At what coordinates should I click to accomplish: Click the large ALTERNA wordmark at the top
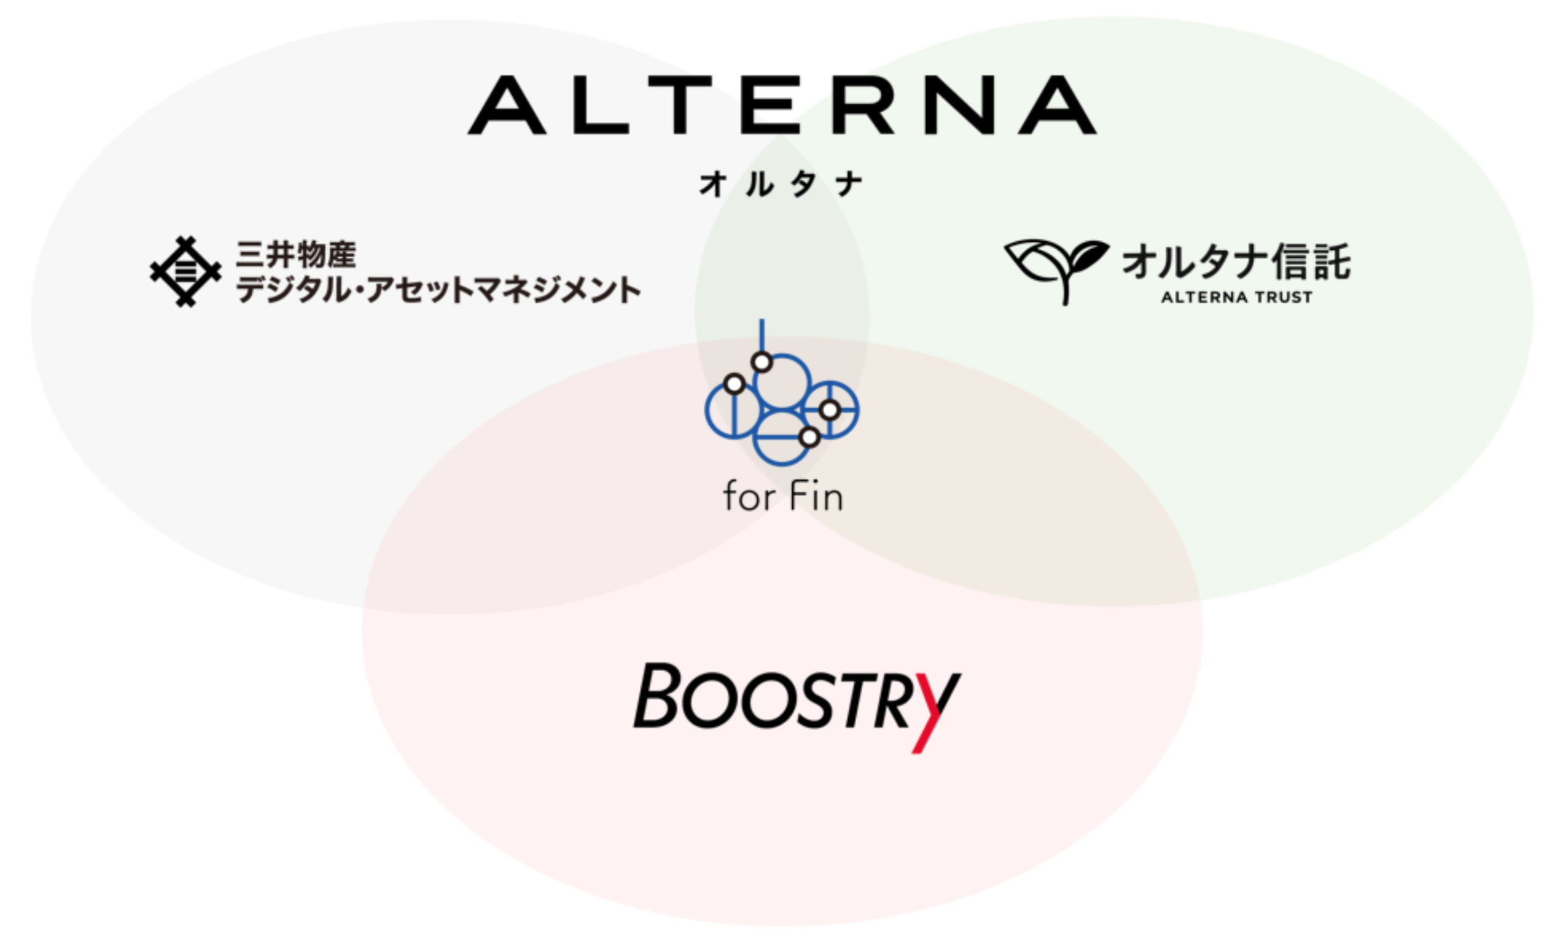[x=782, y=105]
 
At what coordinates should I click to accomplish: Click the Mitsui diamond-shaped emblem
[x=186, y=272]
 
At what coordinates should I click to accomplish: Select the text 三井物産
[x=296, y=255]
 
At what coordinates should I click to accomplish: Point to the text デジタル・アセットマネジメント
[x=439, y=290]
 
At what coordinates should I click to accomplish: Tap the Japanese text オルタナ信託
[x=1236, y=262]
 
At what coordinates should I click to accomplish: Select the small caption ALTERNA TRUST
[x=1236, y=297]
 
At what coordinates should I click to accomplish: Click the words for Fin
[x=783, y=497]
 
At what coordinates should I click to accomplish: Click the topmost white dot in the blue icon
[x=762, y=362]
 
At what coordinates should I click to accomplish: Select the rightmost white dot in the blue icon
[x=829, y=411]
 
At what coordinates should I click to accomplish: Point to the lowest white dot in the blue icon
[x=809, y=437]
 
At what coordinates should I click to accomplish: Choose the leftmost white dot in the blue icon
[x=734, y=384]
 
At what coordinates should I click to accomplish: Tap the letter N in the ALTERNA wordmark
[x=959, y=105]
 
